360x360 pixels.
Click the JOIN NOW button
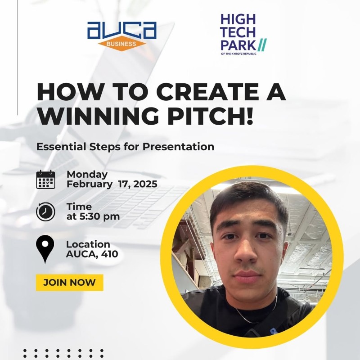pos(70,283)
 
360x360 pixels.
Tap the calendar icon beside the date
pos(45,180)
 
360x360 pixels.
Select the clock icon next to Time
pos(45,211)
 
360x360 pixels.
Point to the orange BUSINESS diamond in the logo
pos(121,44)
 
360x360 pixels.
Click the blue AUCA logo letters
pos(122,30)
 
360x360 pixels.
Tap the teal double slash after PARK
pos(262,45)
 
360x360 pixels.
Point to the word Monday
pos(87,175)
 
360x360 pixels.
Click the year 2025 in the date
pos(145,184)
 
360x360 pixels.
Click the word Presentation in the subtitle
pos(178,147)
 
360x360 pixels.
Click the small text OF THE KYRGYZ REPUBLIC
pos(238,54)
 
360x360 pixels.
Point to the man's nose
pos(246,252)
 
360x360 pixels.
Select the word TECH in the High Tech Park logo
pos(238,32)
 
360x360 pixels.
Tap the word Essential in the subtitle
pos(61,147)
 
